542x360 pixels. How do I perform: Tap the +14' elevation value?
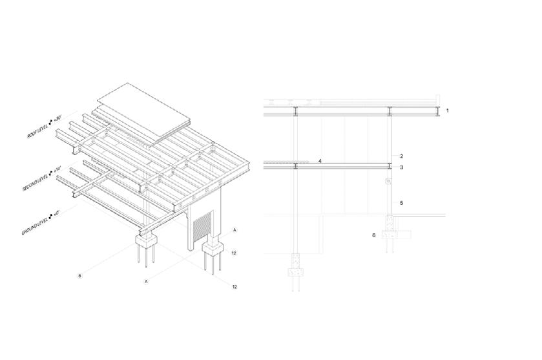57,170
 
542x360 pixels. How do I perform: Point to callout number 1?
447,111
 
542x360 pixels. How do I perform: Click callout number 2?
401,156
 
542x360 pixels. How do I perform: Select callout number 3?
401,167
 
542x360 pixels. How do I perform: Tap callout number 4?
319,160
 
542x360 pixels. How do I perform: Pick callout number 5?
401,203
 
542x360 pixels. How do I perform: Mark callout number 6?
373,235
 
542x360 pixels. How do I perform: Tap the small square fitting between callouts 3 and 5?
389,182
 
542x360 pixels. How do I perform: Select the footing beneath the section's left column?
295,266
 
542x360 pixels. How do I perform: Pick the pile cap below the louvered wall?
213,249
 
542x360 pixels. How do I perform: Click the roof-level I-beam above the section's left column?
295,111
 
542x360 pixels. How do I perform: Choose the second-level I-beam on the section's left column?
295,166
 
